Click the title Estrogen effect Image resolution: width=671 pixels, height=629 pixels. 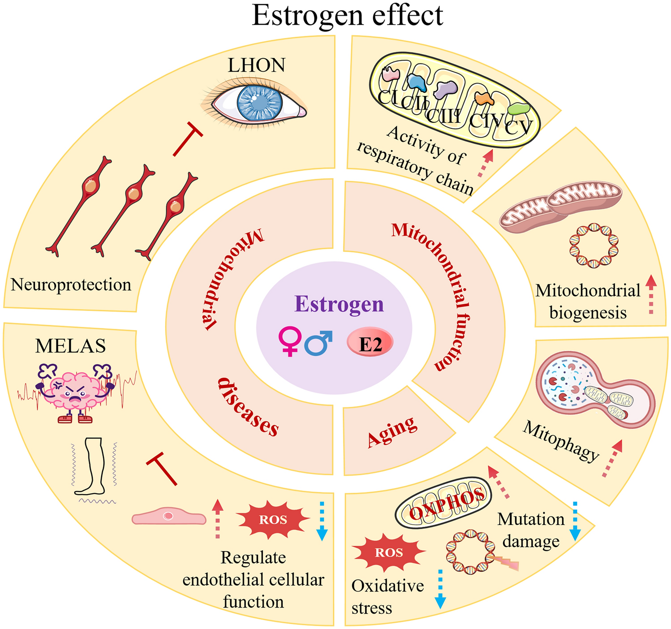click(348, 15)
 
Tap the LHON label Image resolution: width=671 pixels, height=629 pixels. click(256, 65)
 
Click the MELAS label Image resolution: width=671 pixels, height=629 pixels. click(70, 346)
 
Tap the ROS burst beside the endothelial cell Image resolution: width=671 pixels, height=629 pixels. click(273, 520)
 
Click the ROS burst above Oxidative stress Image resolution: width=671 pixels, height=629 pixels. click(388, 552)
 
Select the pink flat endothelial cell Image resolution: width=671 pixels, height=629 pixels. click(169, 517)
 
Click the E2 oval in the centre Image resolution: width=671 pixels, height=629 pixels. click(370, 344)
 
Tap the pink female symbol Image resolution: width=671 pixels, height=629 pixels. click(290, 340)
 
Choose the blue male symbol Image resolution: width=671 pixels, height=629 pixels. click(318, 343)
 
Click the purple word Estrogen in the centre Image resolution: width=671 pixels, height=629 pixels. click(339, 304)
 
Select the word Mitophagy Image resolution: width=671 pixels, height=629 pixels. click(561, 441)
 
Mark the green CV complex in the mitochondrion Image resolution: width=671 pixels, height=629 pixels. click(519, 109)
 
